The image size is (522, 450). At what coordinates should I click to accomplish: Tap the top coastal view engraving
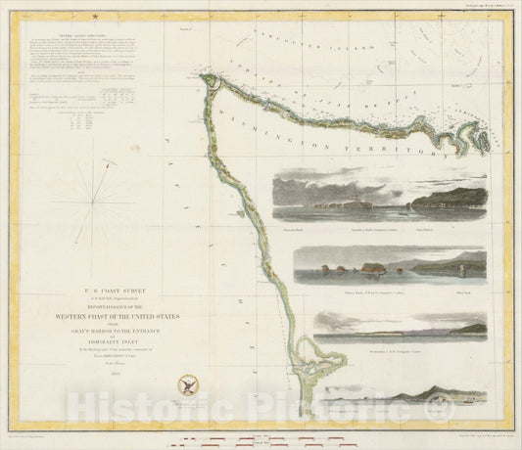tap(377, 194)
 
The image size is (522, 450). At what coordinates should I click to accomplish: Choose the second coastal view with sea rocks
tap(377, 264)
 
